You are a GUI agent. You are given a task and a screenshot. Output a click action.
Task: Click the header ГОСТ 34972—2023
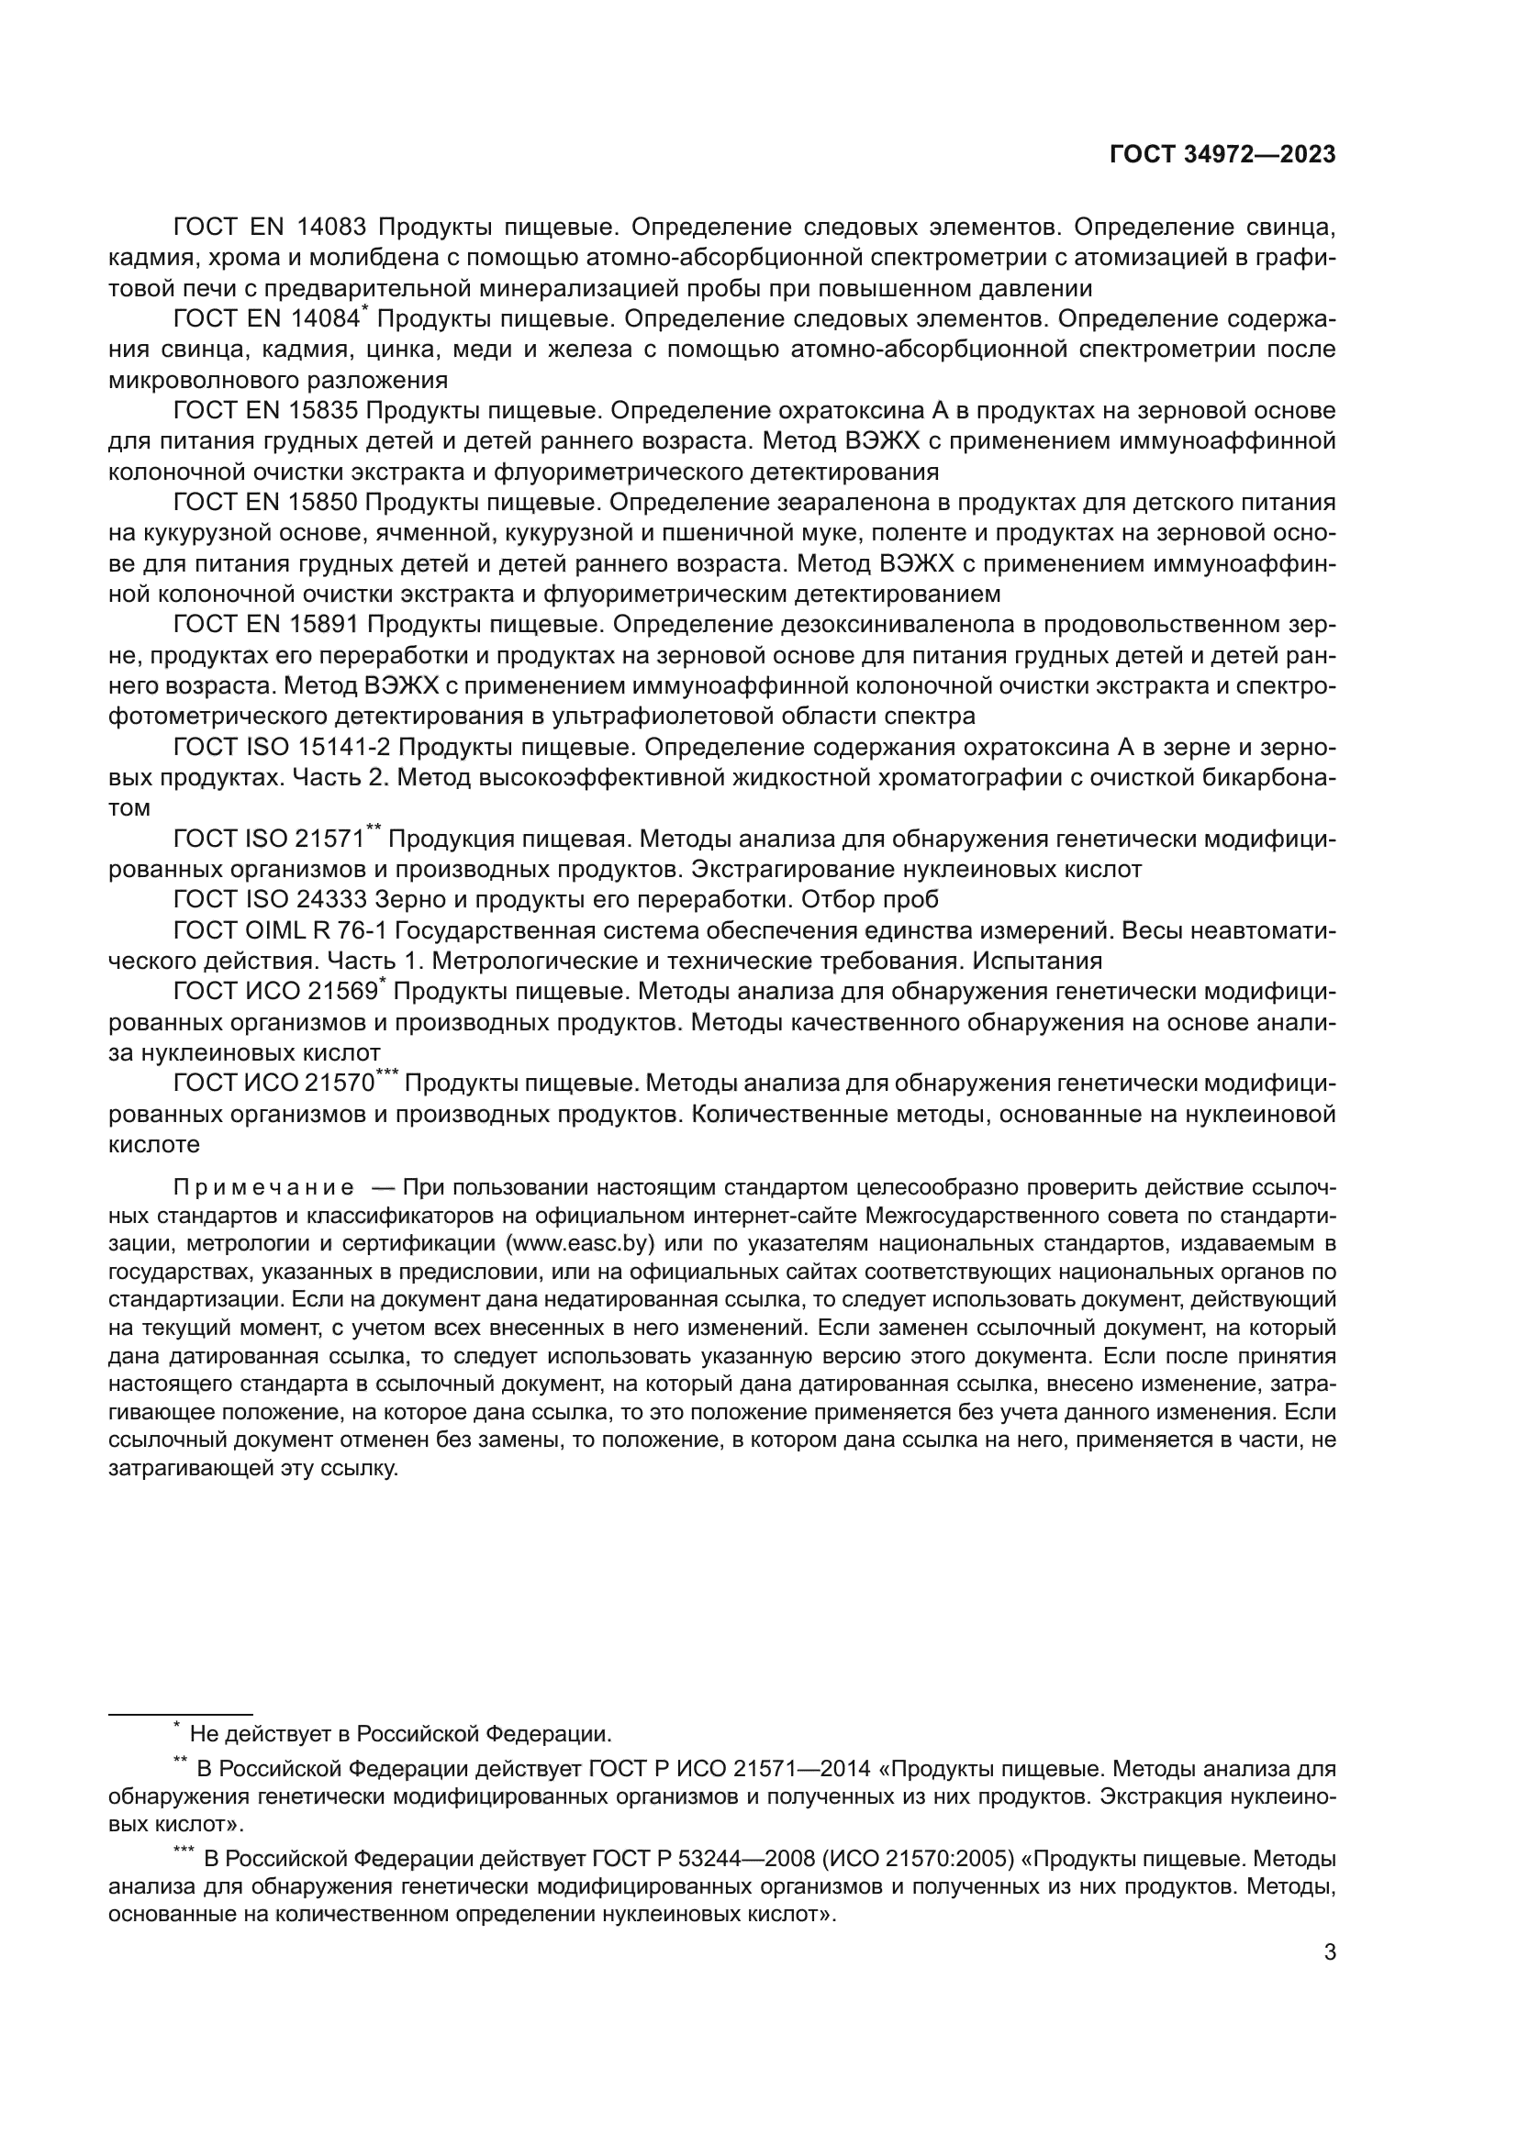1222,155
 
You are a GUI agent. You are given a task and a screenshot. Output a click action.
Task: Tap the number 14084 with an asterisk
324,319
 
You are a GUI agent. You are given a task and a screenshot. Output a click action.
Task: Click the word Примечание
263,1188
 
